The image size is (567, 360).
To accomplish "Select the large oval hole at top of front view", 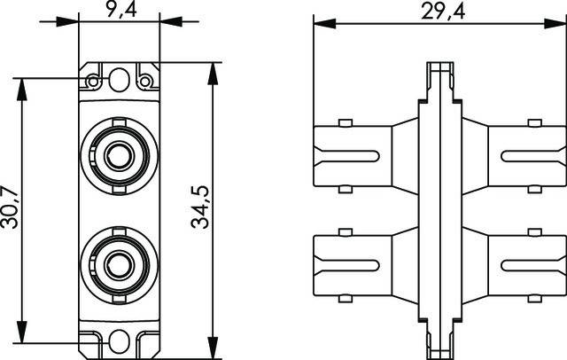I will point(118,78).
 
